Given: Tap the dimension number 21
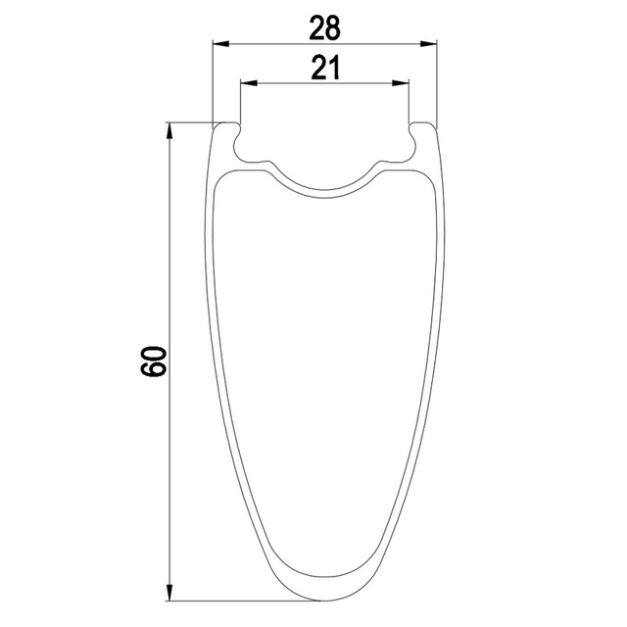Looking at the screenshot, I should [323, 68].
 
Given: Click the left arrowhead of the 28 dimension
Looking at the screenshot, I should [220, 43].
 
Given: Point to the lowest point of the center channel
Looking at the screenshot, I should [324, 188].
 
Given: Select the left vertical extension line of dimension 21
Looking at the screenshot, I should [240, 103].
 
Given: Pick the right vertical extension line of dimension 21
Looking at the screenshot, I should [409, 103].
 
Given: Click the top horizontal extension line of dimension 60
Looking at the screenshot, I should [191, 121].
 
